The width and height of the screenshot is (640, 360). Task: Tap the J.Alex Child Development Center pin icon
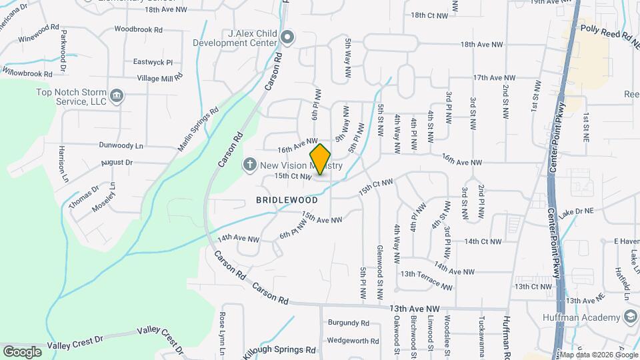[x=287, y=37]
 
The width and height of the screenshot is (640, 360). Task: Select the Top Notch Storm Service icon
[x=117, y=96]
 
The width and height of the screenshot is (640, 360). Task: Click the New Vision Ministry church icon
[x=250, y=164]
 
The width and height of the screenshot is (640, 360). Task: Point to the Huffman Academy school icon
[x=630, y=318]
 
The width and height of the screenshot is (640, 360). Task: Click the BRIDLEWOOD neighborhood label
[x=287, y=199]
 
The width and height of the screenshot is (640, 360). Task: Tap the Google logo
[x=22, y=351]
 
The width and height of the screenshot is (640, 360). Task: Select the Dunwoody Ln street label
[x=121, y=145]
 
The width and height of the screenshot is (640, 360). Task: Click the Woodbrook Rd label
[x=139, y=29]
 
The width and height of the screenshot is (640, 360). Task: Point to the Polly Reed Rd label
[x=604, y=30]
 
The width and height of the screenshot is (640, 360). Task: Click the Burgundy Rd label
[x=348, y=323]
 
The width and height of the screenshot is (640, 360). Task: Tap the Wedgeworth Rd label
[x=353, y=341]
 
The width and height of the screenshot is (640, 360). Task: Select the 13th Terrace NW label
[x=426, y=279]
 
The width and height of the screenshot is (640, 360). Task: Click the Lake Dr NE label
[x=576, y=211]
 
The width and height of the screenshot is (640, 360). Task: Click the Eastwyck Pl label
[x=153, y=61]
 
